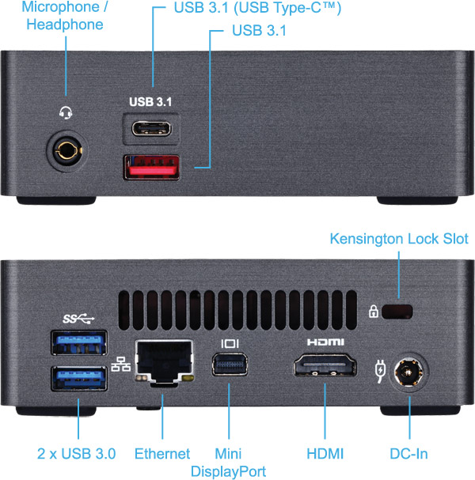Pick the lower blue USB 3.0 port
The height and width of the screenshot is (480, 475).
(78, 380)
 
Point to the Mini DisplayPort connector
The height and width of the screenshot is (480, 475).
(230, 367)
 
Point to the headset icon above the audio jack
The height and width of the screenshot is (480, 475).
(66, 112)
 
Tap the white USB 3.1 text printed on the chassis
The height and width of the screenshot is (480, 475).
(150, 102)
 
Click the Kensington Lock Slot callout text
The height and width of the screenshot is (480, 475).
(399, 239)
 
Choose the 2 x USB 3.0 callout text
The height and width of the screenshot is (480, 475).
(77, 454)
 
